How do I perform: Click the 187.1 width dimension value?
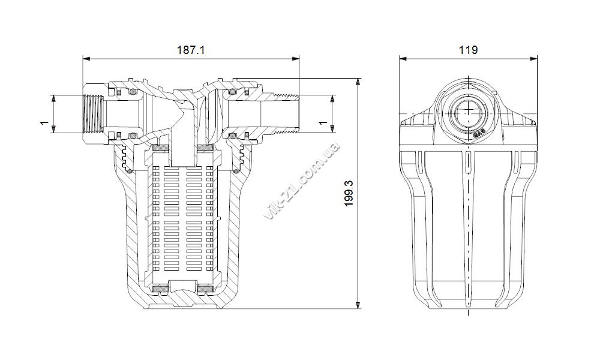point(191,50)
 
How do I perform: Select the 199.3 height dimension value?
point(349,194)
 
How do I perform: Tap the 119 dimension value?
point(468,50)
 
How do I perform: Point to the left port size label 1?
point(44,122)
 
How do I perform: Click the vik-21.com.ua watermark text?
point(302,181)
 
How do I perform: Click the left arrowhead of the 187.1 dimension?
point(87,59)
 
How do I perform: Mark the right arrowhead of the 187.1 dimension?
point(295,59)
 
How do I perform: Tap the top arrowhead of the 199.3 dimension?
point(358,82)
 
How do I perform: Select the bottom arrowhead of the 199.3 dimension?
point(358,305)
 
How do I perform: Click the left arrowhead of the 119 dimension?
point(403,59)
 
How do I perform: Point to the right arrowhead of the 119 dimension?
point(533,59)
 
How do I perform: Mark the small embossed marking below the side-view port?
point(479,134)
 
